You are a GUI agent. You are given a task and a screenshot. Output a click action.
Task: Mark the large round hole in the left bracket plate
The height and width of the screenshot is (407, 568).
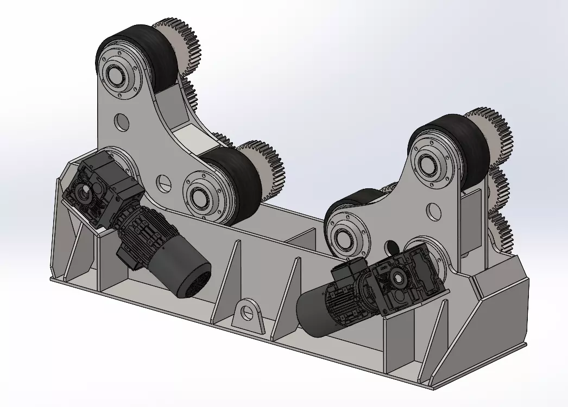121,121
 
